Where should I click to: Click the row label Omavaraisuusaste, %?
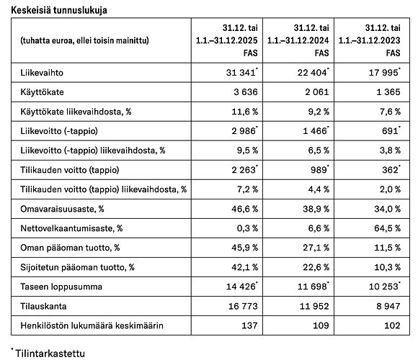pos(57,209)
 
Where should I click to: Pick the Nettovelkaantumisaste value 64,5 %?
pos(383,228)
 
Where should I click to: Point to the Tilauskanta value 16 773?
pos(240,307)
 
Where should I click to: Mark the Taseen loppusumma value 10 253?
pos(380,287)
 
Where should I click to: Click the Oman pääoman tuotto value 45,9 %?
pos(241,248)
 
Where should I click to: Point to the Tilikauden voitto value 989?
pos(316,171)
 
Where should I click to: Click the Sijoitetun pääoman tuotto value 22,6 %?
pos(312,267)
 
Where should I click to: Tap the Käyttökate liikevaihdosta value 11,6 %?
pos(241,112)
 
